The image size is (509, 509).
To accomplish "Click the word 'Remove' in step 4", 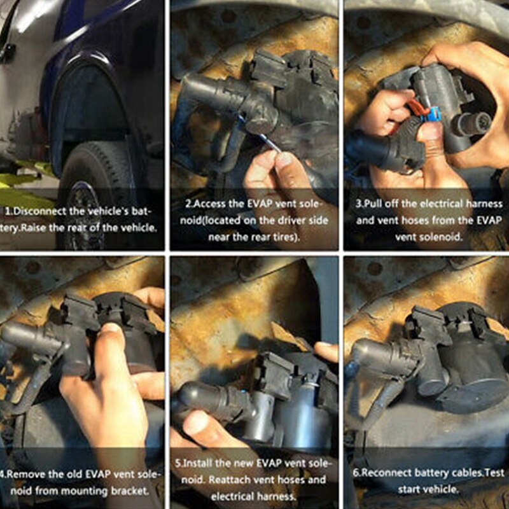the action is (x=24, y=474).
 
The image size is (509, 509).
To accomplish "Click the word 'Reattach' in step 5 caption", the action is (x=230, y=480).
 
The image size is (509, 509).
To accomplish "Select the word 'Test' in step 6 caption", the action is (x=495, y=472).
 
